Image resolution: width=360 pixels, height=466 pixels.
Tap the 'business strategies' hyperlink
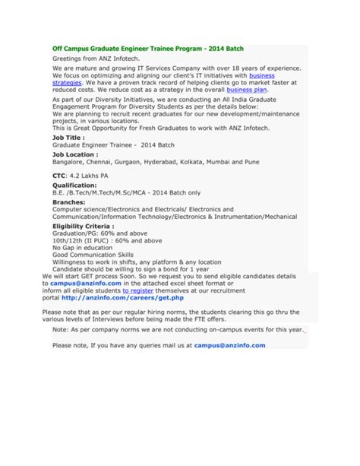[x=262, y=76]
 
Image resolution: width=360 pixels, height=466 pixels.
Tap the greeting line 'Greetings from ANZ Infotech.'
[x=96, y=58]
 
